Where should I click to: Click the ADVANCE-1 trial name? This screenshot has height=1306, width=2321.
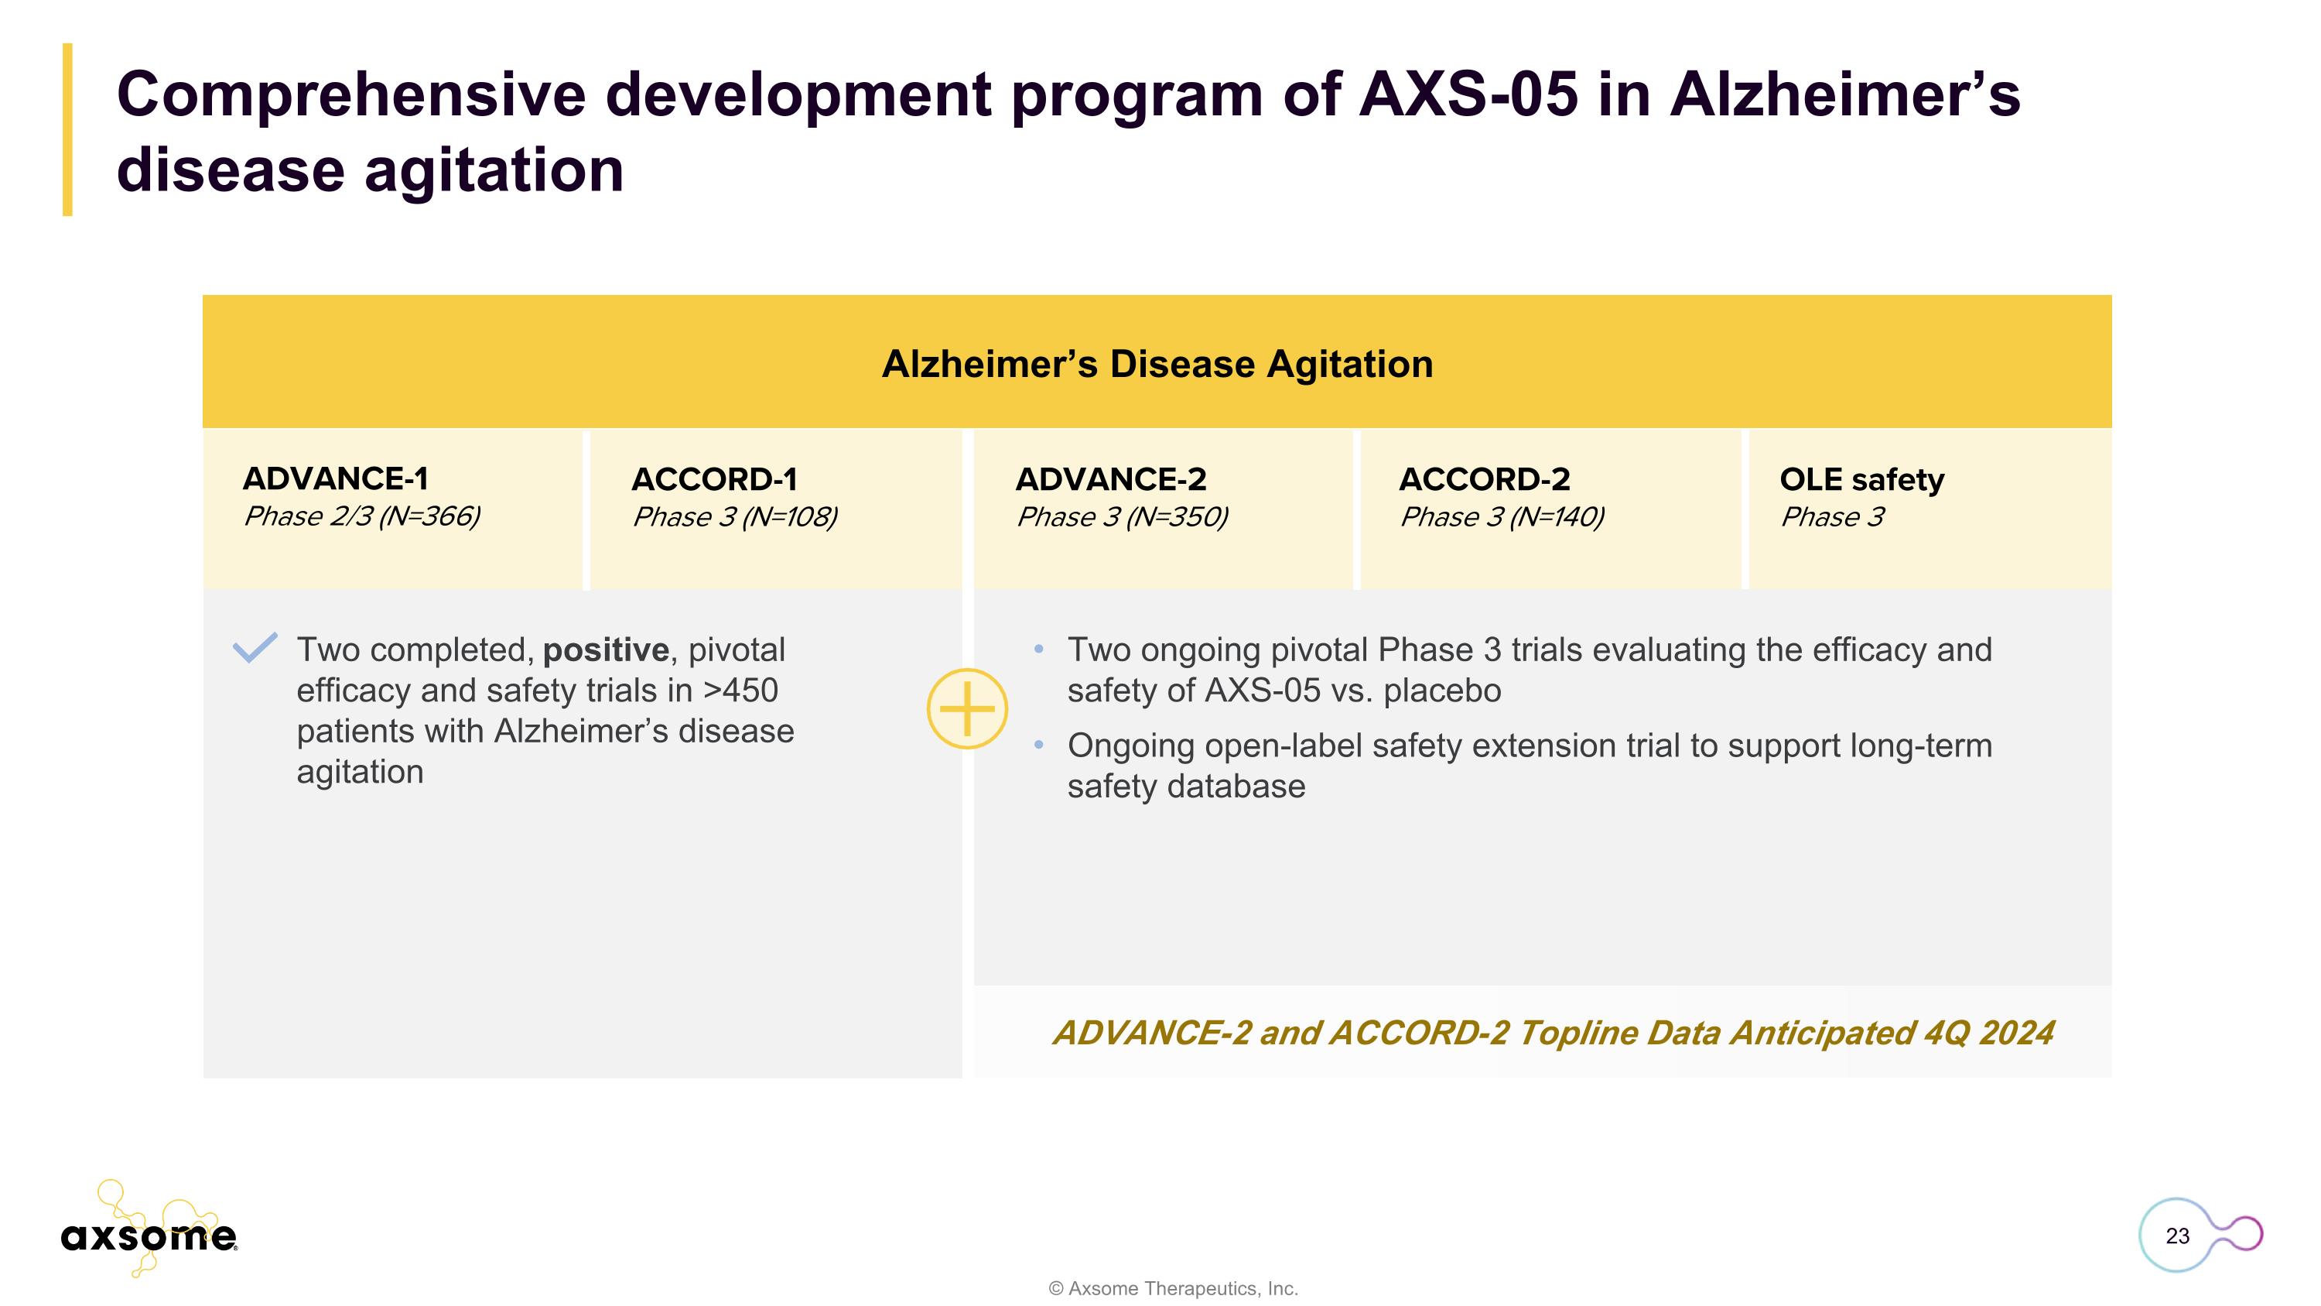335,478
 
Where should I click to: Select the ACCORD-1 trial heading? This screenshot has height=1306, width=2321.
713,479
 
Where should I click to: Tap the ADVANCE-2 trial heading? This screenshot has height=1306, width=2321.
1110,479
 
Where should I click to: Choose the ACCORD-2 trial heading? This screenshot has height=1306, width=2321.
1484,479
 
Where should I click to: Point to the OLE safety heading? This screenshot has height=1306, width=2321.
1861,479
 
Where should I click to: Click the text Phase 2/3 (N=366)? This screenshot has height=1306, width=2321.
361,516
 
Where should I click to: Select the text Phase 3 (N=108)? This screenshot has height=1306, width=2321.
734,517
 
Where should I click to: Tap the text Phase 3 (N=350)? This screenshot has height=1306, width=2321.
1122,517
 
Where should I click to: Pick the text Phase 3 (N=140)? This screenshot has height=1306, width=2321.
1501,517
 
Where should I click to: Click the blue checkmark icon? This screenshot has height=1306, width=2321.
255,647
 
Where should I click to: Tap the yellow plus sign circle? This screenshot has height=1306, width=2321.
967,708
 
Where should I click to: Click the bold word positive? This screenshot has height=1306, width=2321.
606,650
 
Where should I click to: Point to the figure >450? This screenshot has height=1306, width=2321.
740,691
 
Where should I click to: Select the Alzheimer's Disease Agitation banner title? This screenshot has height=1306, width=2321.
1157,364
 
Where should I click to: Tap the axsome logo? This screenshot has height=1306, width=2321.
149,1235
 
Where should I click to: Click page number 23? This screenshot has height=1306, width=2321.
2177,1236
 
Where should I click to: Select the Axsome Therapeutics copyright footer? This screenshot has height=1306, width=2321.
1173,1289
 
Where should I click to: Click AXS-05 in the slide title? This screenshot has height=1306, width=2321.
1468,94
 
